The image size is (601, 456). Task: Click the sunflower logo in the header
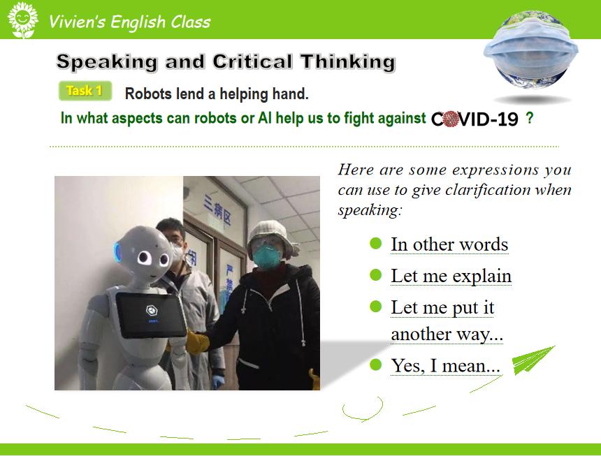click(x=22, y=20)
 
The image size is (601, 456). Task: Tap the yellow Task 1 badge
click(x=85, y=91)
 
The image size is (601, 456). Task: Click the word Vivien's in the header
click(x=77, y=22)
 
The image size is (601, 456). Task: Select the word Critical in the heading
click(x=252, y=61)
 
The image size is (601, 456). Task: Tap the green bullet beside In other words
click(x=376, y=244)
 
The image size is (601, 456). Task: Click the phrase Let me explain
click(x=451, y=276)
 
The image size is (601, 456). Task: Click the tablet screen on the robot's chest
click(x=151, y=315)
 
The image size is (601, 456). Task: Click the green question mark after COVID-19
click(x=529, y=118)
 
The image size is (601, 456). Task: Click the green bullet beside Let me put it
click(x=376, y=307)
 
